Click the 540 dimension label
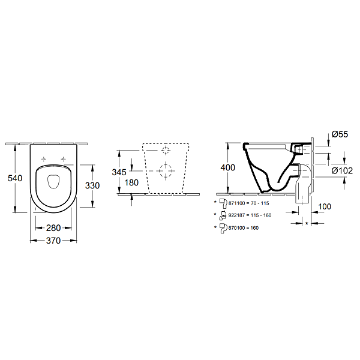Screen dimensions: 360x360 tap(15, 178)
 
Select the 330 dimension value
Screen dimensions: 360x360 tap(92, 185)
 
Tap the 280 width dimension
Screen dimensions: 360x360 tap(53, 228)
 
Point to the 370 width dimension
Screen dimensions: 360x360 tap(53, 241)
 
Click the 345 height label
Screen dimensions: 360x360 tap(119, 172)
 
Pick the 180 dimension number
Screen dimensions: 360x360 tap(131, 183)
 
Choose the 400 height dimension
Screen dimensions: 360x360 tap(228, 167)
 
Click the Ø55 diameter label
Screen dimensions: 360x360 tap(340, 134)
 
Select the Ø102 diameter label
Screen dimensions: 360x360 tap(342, 170)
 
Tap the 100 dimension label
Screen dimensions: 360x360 tap(325, 206)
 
